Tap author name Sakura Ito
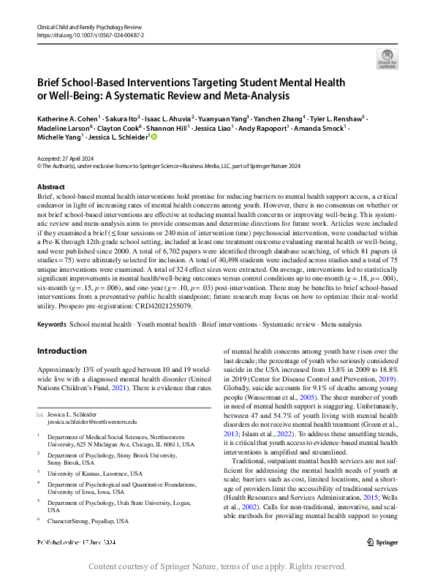pyautogui.click(x=123, y=118)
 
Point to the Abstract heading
pyautogui.click(x=50, y=187)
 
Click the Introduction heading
pyautogui.click(x=61, y=330)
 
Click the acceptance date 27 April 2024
pyautogui.click(x=77, y=159)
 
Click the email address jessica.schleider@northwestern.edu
pyautogui.click(x=92, y=422)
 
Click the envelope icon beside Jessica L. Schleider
pyautogui.click(x=40, y=414)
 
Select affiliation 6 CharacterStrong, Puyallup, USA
pyautogui.click(x=87, y=521)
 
